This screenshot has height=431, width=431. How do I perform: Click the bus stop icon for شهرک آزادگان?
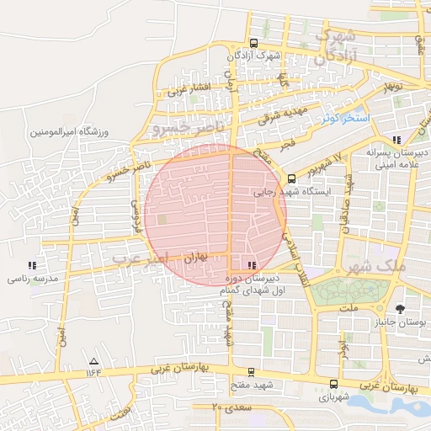[254, 44]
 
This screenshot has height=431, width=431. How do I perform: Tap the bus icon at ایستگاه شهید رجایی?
[291, 178]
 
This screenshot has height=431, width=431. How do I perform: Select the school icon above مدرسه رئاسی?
[32, 264]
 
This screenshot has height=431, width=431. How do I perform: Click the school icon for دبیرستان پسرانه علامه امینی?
[396, 141]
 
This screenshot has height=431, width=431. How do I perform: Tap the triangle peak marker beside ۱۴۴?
[93, 362]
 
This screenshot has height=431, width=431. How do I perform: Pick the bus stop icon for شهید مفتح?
[250, 371]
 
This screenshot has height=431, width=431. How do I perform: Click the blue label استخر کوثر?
[345, 119]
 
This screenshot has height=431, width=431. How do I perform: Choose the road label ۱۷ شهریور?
[327, 162]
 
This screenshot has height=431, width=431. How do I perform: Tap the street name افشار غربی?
[189, 88]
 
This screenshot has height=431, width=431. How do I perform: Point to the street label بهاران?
[194, 253]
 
